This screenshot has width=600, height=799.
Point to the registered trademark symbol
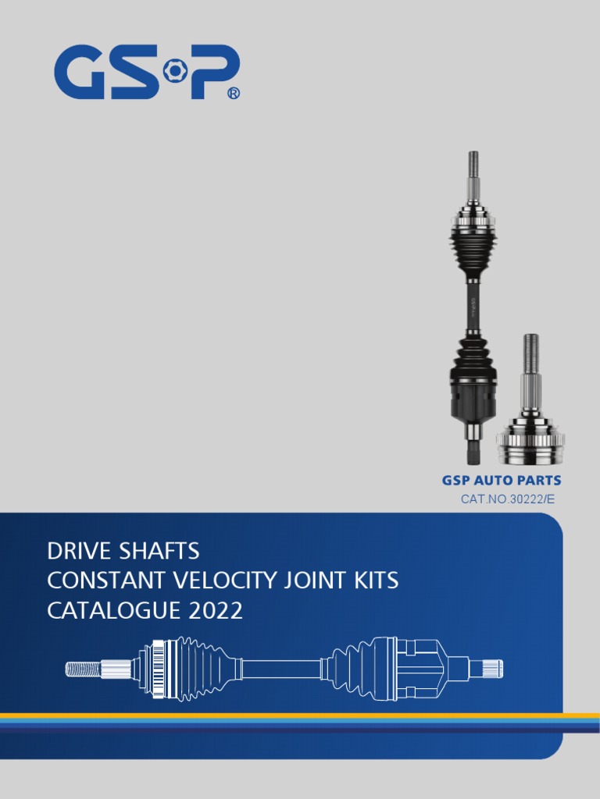point(233,94)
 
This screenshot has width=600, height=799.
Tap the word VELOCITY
point(207,581)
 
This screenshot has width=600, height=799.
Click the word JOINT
point(297,581)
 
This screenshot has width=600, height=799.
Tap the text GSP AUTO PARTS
point(501,481)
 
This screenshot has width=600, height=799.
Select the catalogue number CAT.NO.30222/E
point(508,499)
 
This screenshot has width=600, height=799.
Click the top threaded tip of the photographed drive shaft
point(473,164)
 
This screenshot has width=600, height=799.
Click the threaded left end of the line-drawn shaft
point(83,669)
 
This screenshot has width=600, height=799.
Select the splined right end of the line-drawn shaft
point(492,669)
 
